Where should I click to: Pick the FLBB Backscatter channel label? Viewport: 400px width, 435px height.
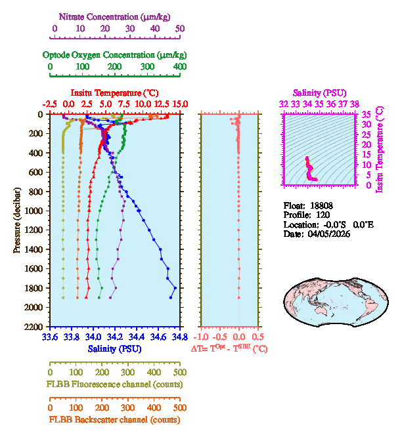(114, 420)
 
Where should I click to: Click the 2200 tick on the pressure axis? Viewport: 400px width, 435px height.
(34, 327)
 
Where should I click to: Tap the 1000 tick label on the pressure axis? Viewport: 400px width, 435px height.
(34, 211)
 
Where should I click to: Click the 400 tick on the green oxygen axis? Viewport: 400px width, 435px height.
(179, 66)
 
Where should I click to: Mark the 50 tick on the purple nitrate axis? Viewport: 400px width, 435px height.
(179, 28)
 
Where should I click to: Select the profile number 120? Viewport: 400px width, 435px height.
(322, 215)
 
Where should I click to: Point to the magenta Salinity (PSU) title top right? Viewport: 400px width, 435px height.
(319, 93)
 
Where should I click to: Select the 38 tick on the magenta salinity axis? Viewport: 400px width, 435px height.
(355, 104)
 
